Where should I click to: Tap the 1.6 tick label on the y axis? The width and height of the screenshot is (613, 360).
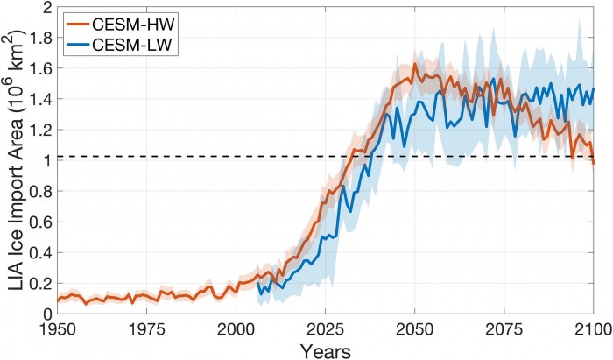pyautogui.click(x=39, y=68)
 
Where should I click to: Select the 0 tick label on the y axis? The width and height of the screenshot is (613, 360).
pyautogui.click(x=46, y=314)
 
